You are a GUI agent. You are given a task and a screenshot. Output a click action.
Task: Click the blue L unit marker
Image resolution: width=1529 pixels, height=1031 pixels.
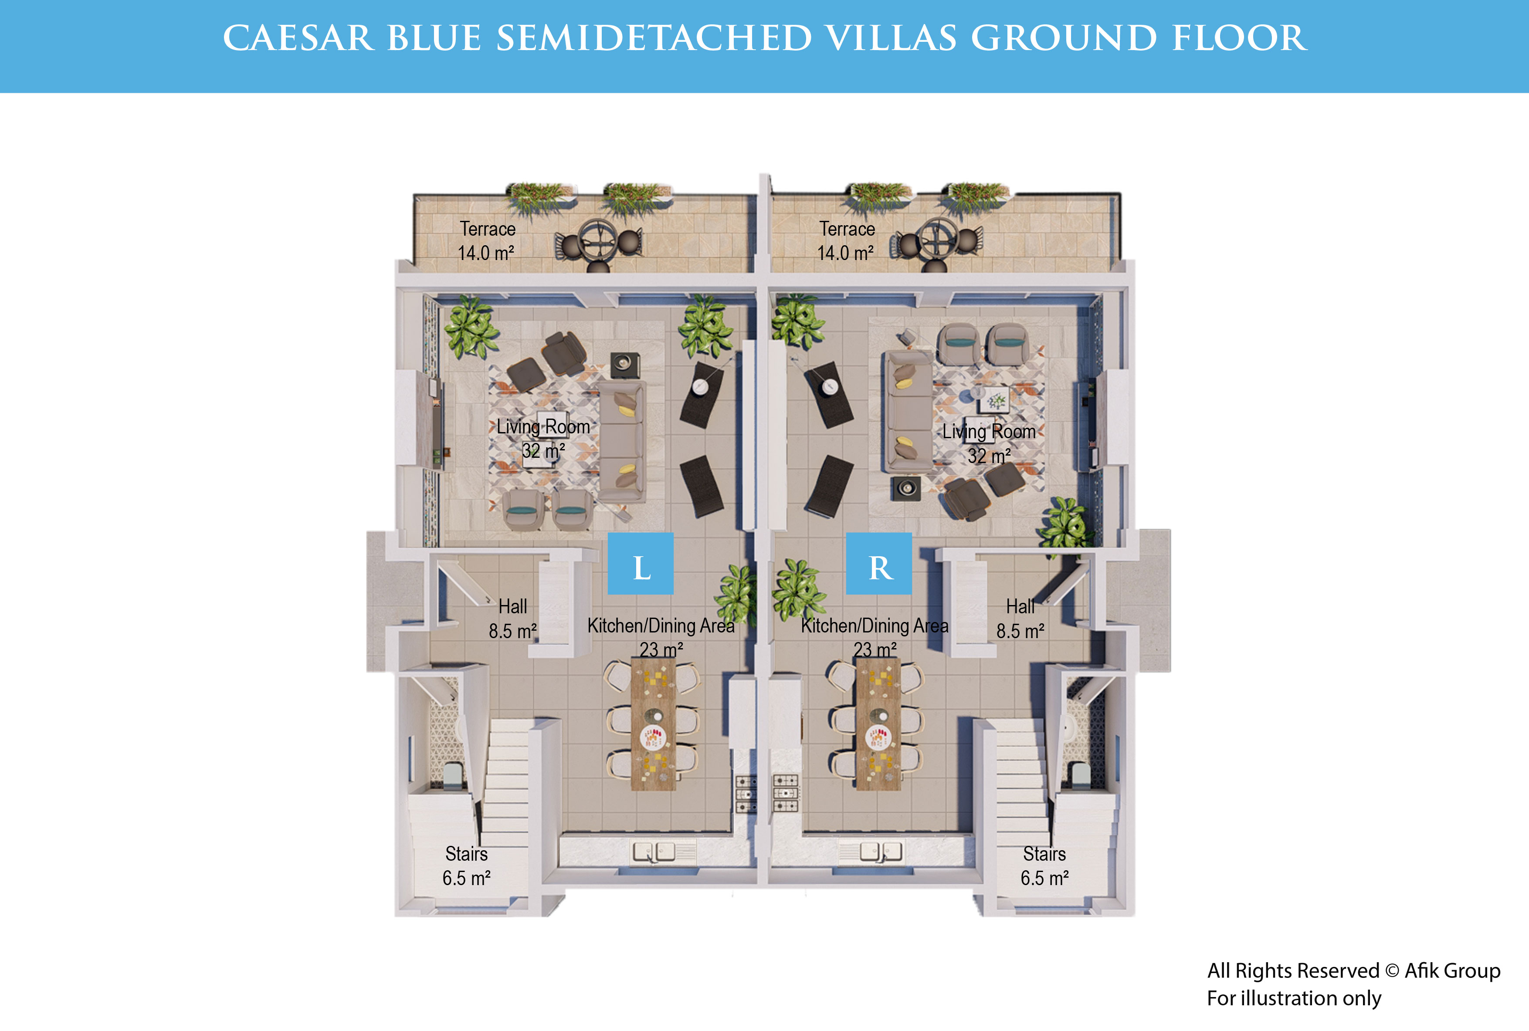641,564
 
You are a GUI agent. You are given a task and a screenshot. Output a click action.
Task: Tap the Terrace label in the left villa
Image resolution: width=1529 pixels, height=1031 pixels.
487,229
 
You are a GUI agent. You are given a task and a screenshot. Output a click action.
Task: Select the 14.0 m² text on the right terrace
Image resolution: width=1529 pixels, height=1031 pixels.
845,253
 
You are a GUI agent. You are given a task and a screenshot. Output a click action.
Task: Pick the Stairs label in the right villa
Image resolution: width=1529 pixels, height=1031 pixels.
1044,853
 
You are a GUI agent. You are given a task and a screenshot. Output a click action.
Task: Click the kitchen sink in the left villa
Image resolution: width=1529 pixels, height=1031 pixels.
654,852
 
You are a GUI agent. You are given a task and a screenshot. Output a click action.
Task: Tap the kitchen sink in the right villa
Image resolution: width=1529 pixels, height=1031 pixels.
881,852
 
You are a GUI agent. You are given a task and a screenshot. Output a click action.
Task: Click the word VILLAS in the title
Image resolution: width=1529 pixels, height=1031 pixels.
891,38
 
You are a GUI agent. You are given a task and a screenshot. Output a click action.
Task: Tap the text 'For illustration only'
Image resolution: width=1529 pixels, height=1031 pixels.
1294,998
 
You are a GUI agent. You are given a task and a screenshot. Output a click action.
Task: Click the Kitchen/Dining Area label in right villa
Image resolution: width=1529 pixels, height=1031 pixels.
875,625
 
